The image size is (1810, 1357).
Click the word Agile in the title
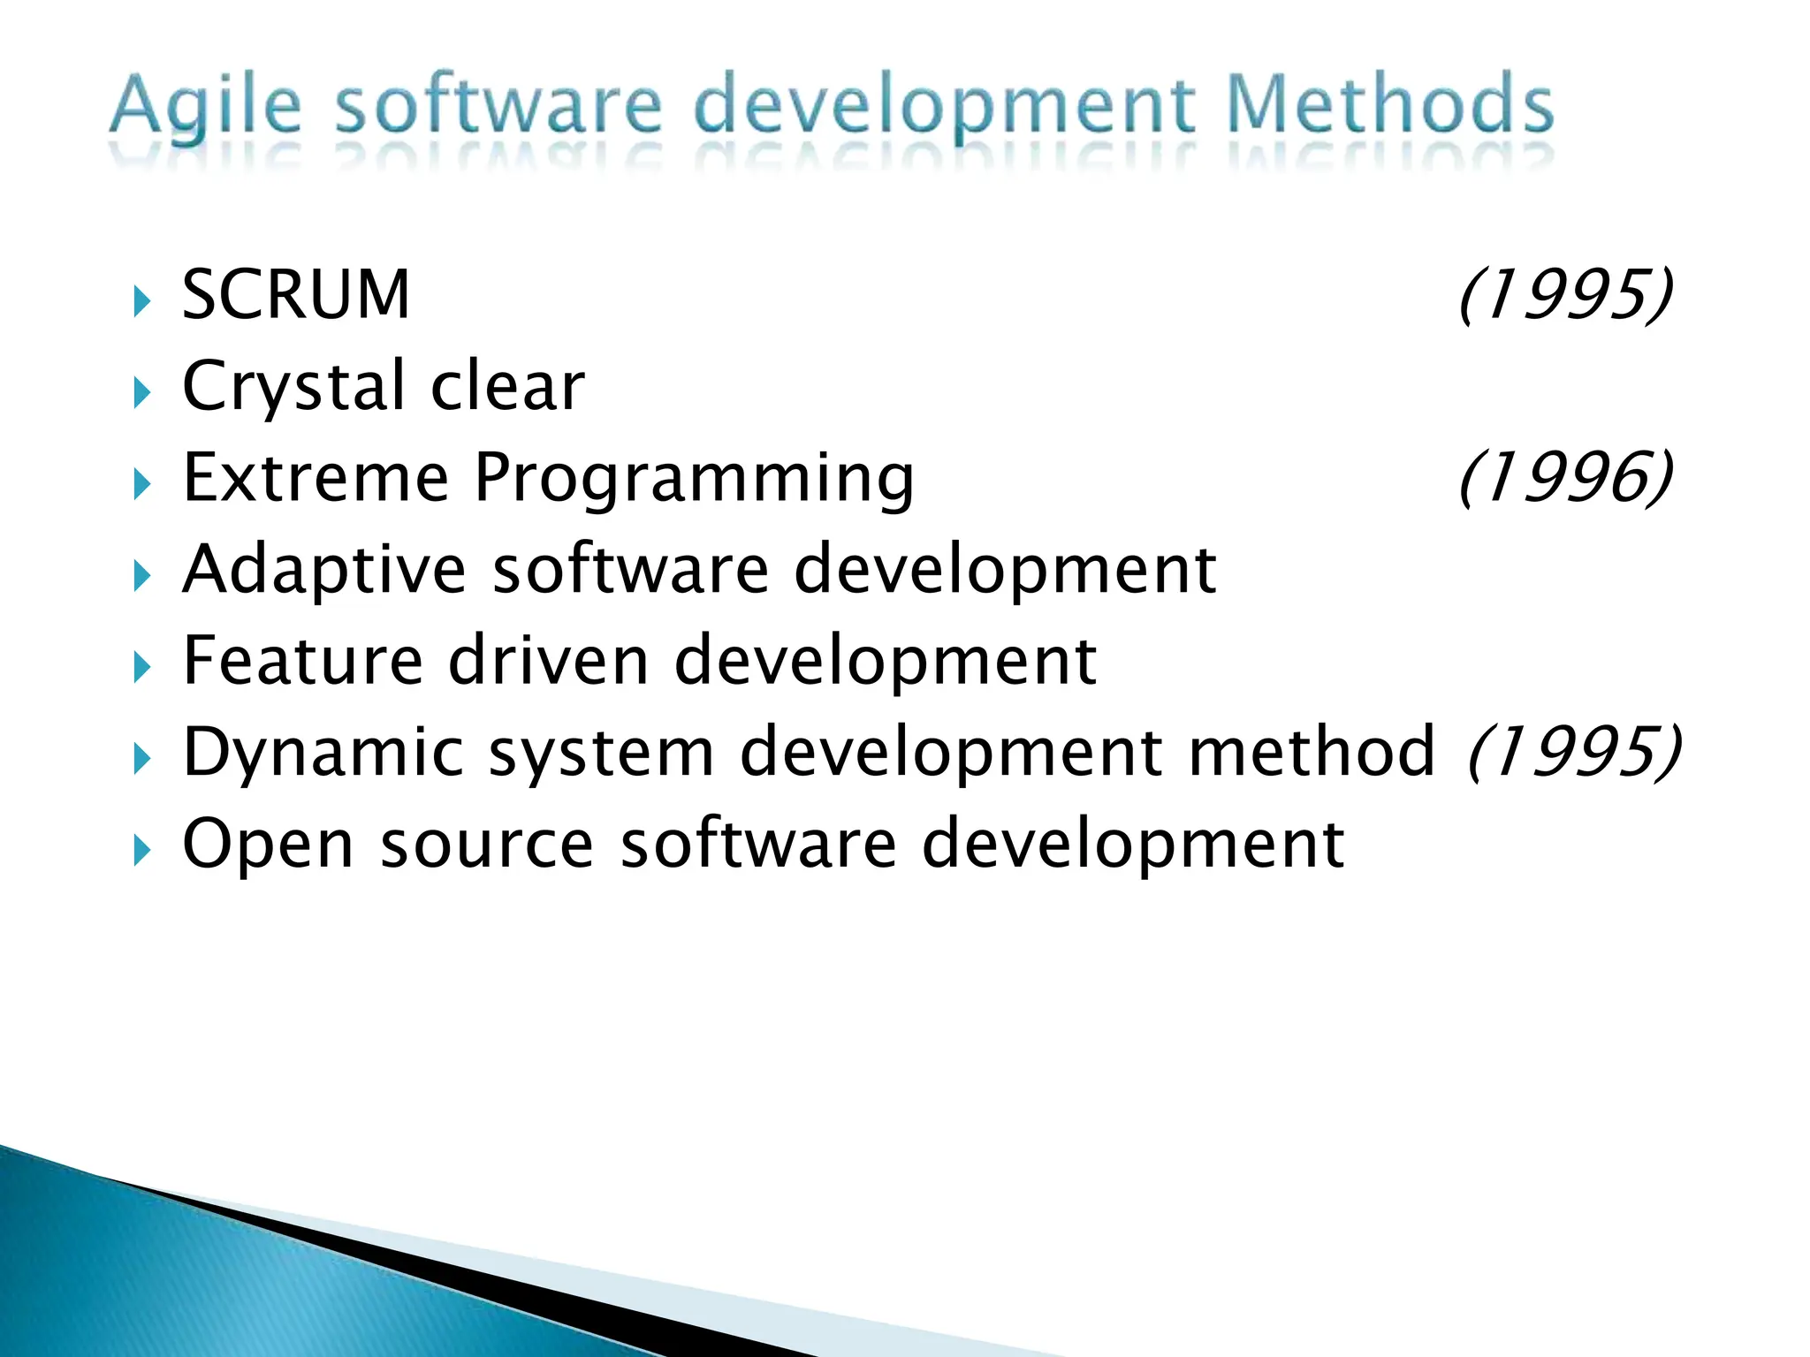pos(205,108)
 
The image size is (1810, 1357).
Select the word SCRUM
pos(296,294)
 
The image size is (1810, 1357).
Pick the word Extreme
pos(316,478)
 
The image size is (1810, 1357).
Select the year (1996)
pos(1565,478)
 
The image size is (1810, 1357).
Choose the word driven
pos(549,661)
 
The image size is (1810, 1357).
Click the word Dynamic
pos(323,754)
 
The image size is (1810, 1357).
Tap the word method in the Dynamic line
pos(1312,752)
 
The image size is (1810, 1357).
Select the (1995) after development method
pos(1574,752)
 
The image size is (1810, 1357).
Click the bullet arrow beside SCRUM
pos(141,302)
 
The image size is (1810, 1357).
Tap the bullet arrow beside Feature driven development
pos(141,668)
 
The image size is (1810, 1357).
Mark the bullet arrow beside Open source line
pos(141,852)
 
